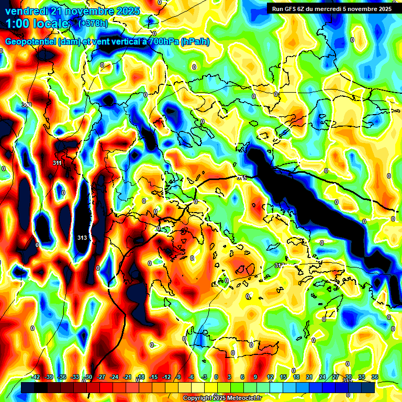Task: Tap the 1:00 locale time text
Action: click(37, 24)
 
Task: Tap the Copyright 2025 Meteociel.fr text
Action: click(222, 398)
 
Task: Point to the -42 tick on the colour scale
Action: click(36, 377)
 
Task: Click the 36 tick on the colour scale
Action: click(375, 377)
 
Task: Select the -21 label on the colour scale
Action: click(127, 377)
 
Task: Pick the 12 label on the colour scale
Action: click(270, 377)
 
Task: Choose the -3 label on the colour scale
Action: click(205, 377)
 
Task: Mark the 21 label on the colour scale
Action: click(309, 377)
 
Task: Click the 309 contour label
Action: click(27, 105)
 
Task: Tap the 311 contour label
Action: click(58, 163)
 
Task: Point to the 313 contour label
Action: click(82, 238)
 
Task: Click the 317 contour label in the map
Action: click(280, 266)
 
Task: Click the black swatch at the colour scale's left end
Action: click(28, 388)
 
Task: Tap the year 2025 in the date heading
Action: click(126, 11)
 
